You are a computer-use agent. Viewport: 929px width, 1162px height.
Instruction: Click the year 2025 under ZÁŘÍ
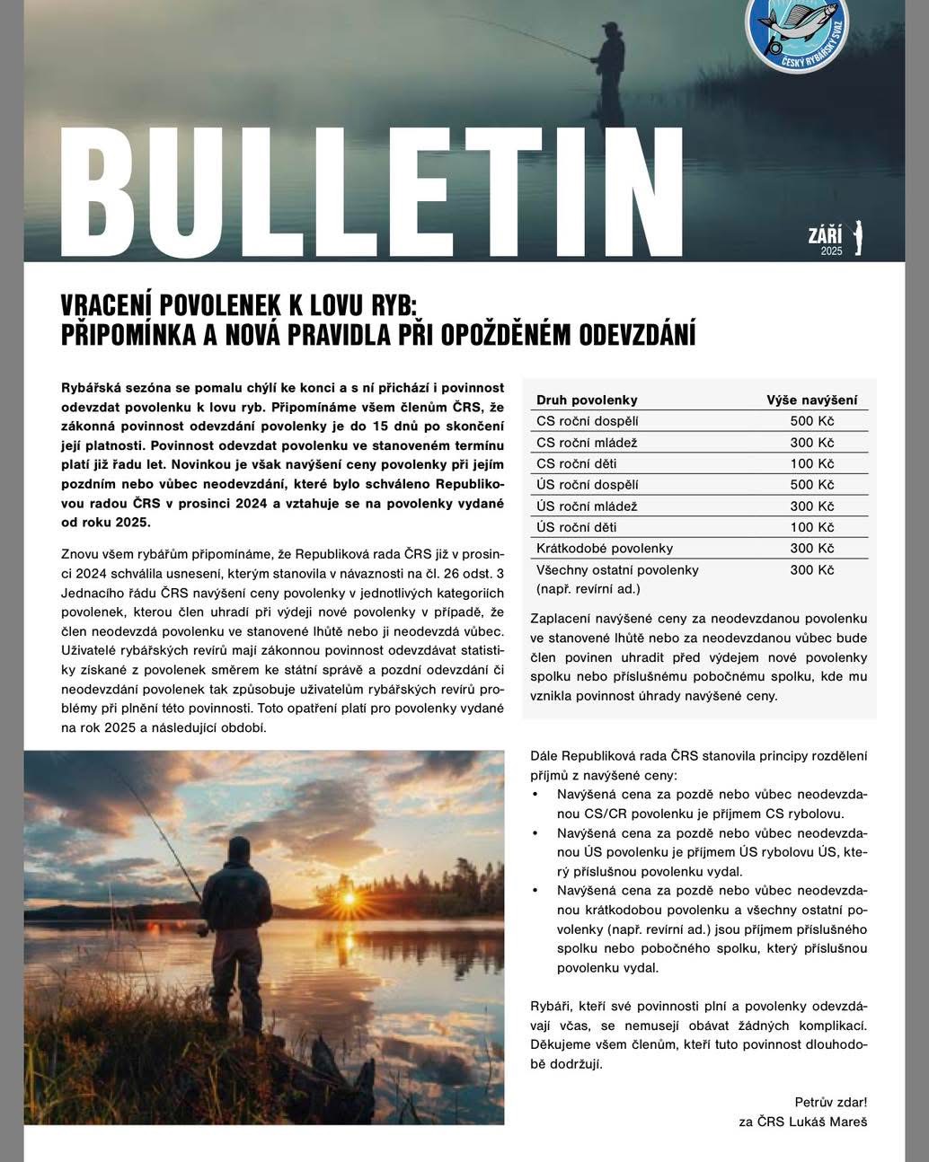[831, 251]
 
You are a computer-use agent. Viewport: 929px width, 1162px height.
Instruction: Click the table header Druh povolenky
[587, 400]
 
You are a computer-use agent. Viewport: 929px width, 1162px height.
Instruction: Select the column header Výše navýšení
[811, 400]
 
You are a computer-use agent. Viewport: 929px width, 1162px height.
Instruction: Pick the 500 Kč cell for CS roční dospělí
[812, 421]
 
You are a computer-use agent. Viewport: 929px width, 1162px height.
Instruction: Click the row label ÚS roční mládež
[587, 506]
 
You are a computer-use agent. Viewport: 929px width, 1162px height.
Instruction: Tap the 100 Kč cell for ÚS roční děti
[812, 527]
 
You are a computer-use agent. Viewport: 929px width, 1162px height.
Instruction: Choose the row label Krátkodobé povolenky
[605, 548]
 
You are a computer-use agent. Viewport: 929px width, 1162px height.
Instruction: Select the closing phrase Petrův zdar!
[831, 1101]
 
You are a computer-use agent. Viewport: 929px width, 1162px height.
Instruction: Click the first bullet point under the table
[536, 795]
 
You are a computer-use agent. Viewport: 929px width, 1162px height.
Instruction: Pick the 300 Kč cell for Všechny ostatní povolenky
[812, 569]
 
